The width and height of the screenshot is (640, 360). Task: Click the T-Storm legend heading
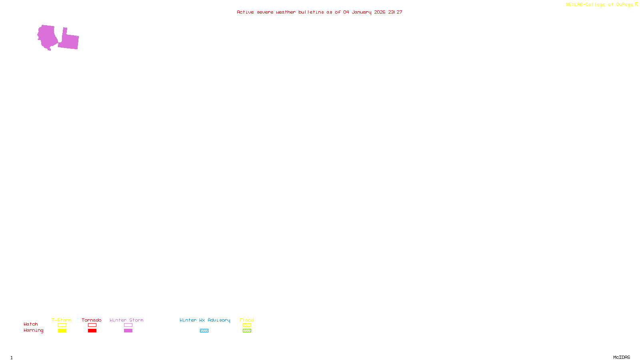coord(62,320)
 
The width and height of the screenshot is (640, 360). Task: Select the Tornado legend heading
coord(92,320)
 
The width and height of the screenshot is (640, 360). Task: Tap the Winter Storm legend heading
coord(126,320)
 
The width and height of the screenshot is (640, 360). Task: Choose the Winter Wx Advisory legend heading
coord(205,320)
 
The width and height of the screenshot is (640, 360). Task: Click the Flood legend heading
coord(247,320)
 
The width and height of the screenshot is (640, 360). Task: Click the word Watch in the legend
coord(31,324)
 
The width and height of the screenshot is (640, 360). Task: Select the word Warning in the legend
coord(34,330)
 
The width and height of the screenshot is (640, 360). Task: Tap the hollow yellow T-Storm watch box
coord(62,325)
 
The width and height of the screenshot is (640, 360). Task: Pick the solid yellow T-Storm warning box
coord(62,331)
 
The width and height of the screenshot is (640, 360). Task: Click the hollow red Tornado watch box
coord(92,325)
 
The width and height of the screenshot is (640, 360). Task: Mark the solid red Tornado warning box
coord(92,331)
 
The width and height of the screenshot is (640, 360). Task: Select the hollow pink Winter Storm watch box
coord(128,325)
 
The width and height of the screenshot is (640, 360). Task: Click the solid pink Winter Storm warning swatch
coord(128,331)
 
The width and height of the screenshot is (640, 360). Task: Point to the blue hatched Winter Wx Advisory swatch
coord(204,331)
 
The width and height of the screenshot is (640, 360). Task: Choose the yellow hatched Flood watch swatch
coord(247,325)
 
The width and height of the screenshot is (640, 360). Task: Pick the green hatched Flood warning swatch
coord(247,331)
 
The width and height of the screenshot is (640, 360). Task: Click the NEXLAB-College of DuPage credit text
coord(600,5)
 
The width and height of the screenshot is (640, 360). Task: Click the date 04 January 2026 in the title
coord(364,12)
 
